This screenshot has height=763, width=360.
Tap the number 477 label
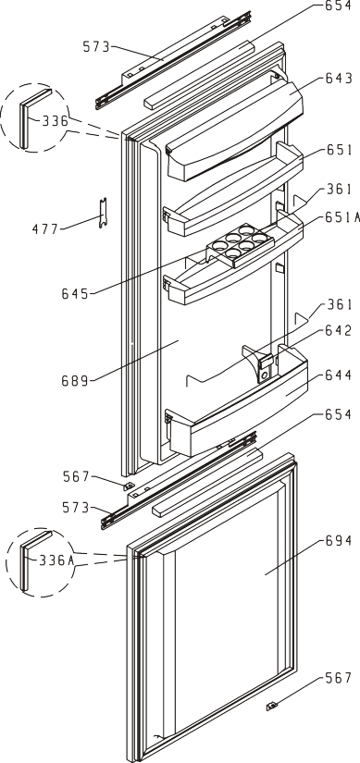45,228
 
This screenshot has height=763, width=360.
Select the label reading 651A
338,217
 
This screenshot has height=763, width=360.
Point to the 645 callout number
75,293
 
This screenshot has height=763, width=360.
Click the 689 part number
75,380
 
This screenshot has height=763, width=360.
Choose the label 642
338,330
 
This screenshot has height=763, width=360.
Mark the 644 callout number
338,375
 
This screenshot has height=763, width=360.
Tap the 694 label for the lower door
338,540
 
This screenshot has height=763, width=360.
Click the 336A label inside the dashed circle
56,560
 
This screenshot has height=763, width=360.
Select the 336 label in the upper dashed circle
55,120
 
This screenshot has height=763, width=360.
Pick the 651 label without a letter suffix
338,150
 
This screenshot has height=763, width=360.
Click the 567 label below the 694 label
338,677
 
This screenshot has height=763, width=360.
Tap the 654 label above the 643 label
338,6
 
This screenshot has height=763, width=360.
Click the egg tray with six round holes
237,245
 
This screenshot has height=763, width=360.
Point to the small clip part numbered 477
103,213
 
